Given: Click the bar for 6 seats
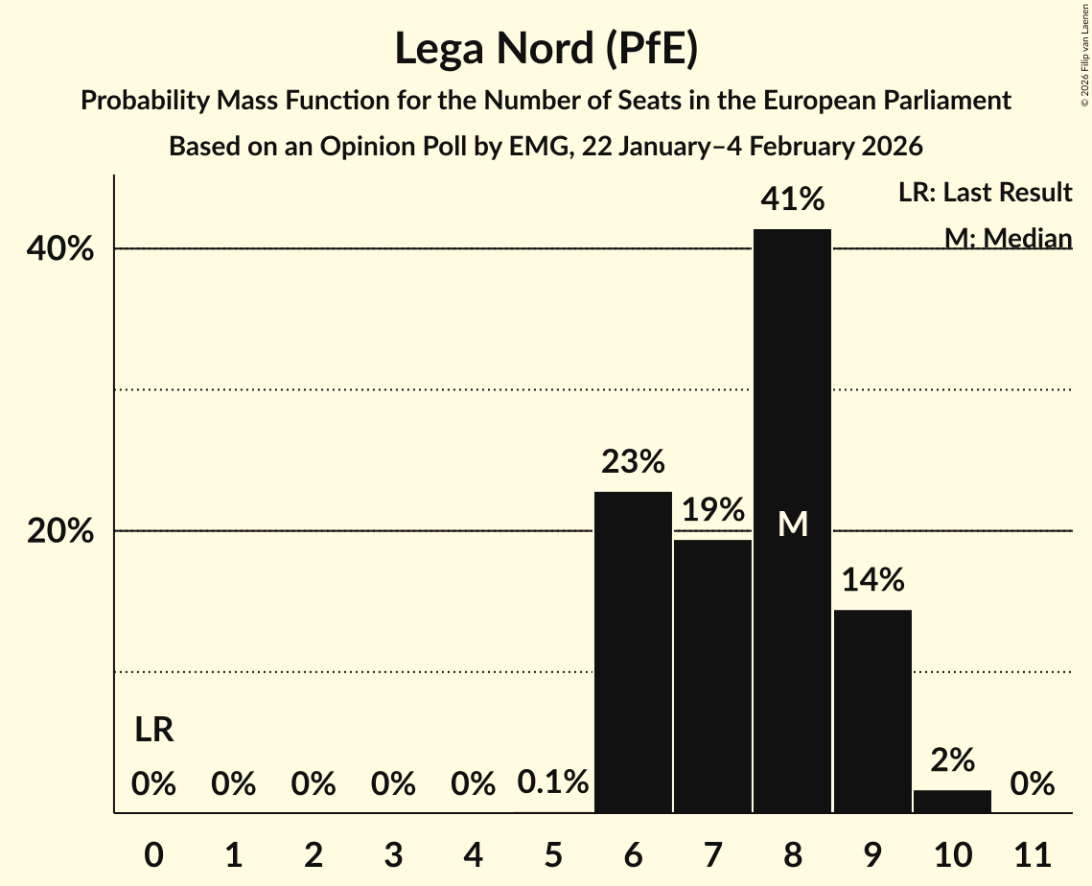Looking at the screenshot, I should pyautogui.click(x=633, y=652).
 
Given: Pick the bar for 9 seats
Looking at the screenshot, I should pyautogui.click(x=872, y=711).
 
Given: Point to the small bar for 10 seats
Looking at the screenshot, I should pyautogui.click(x=952, y=802).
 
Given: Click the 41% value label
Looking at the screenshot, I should pyautogui.click(x=792, y=199).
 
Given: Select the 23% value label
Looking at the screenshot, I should pyautogui.click(x=633, y=462).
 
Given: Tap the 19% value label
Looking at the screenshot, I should pyautogui.click(x=712, y=510).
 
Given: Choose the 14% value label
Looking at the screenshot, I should pyautogui.click(x=872, y=580).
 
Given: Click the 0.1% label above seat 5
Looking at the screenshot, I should pyautogui.click(x=553, y=783).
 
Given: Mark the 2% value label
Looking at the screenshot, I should pyautogui.click(x=952, y=760).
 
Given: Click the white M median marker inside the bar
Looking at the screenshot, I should pyautogui.click(x=793, y=524).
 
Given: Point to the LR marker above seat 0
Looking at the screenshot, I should pyautogui.click(x=153, y=731).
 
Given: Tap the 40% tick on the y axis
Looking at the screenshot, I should pyautogui.click(x=59, y=249).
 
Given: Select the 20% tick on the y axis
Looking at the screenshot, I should pyautogui.click(x=59, y=531).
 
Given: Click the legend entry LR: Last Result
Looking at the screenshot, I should pyautogui.click(x=985, y=193).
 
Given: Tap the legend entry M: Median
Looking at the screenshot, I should pyautogui.click(x=1008, y=238).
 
